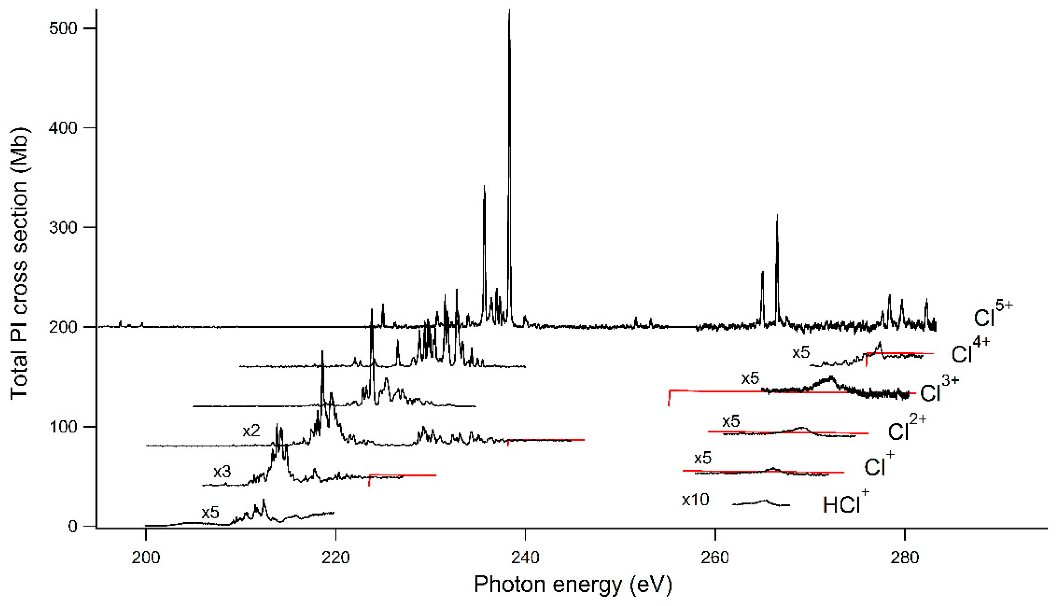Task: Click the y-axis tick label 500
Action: point(63,28)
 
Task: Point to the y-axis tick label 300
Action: point(63,228)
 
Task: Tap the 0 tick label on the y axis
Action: point(73,527)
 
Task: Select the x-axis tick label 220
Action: point(335,557)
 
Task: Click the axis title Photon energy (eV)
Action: point(573,584)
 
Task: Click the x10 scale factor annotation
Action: point(695,499)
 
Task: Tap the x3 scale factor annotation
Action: point(222,472)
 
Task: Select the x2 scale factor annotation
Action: point(251,430)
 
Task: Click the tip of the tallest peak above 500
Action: point(509,10)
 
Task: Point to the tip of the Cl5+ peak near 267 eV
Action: point(777,215)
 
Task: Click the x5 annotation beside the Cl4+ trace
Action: point(801,353)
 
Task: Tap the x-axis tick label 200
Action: point(145,557)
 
